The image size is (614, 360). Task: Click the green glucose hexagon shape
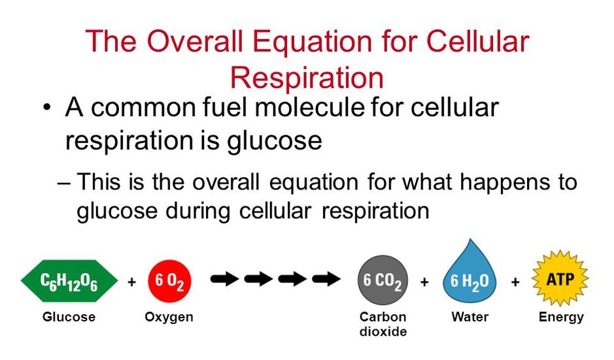click(x=69, y=281)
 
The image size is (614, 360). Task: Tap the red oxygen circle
click(x=169, y=281)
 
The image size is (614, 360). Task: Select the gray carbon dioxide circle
click(x=383, y=280)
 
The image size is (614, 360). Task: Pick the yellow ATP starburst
click(x=560, y=278)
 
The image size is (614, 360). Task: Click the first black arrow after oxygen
click(x=225, y=279)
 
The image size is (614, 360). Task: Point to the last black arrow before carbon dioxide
click(x=326, y=279)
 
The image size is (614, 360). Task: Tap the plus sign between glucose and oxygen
click(x=132, y=282)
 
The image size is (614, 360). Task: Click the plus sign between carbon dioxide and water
click(x=424, y=282)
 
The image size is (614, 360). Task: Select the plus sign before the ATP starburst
click(x=515, y=282)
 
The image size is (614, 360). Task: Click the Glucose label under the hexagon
click(x=69, y=317)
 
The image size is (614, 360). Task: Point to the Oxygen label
click(x=169, y=317)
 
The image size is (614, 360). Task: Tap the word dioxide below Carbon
click(x=383, y=331)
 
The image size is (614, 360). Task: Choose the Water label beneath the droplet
click(x=470, y=317)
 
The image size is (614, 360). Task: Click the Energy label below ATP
click(x=561, y=317)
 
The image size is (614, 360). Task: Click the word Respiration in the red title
click(x=307, y=78)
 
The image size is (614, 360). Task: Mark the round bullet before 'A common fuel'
click(x=47, y=108)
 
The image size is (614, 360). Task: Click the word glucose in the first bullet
click(x=275, y=141)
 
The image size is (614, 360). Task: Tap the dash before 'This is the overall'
click(x=63, y=183)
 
